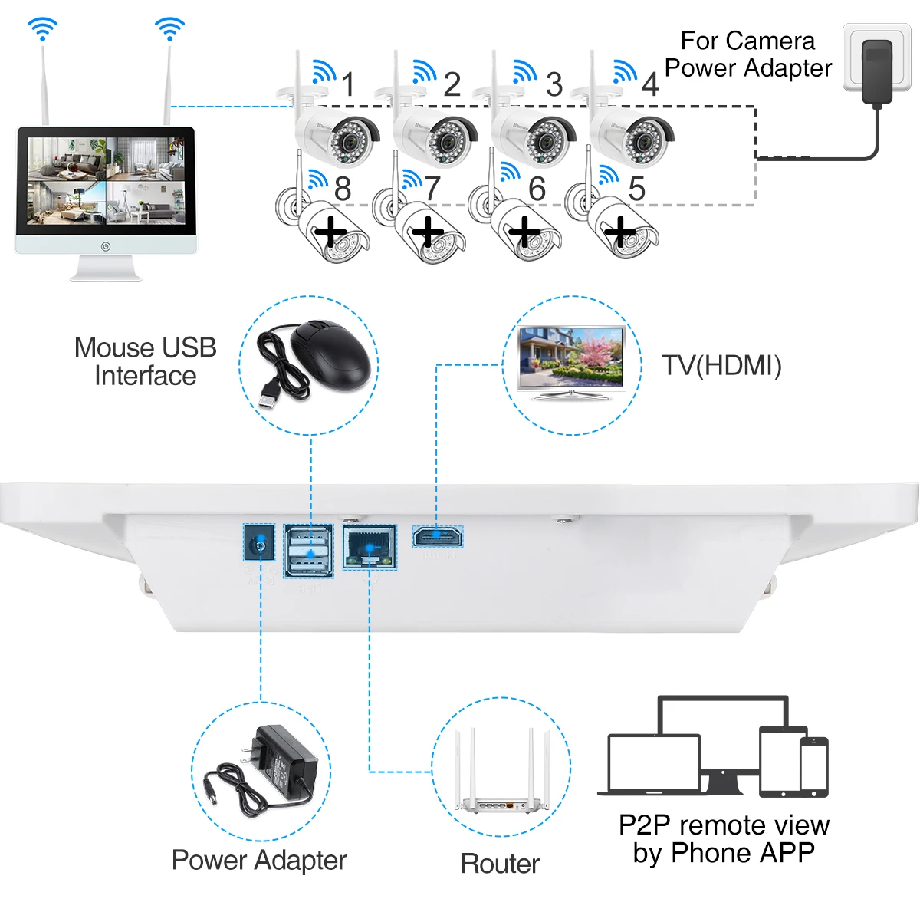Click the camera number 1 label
pos(349,84)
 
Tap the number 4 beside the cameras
pos(650,84)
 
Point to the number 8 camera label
pos(343,189)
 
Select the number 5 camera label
pos(636,189)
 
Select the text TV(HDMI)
pos(721,365)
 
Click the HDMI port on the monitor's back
pos(437,536)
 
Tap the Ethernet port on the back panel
pos(370,546)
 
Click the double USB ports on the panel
pos(309,550)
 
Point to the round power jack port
pos(260,546)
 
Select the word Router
pos(500,864)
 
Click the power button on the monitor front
pos(106,246)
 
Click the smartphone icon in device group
pos(814,766)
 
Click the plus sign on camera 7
pos(429,231)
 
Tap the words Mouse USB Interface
pos(145,361)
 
